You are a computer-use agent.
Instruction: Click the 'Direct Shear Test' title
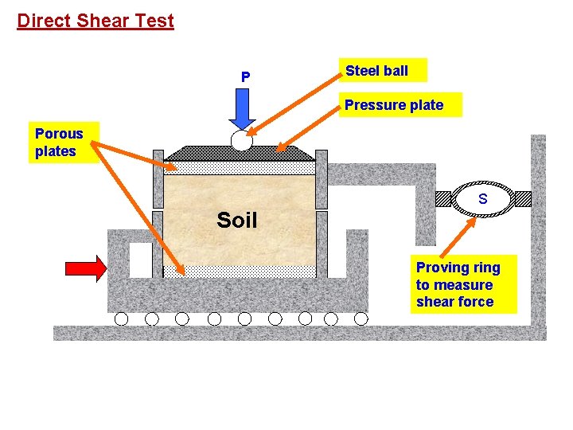(x=95, y=21)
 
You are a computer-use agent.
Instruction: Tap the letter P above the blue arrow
(x=245, y=77)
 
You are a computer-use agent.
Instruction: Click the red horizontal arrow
(x=85, y=269)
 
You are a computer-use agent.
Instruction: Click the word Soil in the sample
(x=237, y=221)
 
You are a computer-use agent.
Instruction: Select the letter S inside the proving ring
(x=482, y=199)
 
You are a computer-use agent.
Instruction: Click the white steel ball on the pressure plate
(x=241, y=142)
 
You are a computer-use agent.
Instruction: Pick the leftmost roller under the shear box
(x=121, y=319)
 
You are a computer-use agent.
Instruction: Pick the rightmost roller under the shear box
(x=361, y=319)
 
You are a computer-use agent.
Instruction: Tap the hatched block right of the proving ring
(x=522, y=199)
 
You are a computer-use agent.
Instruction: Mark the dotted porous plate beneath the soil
(x=240, y=272)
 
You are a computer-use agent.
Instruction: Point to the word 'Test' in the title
(x=154, y=21)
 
